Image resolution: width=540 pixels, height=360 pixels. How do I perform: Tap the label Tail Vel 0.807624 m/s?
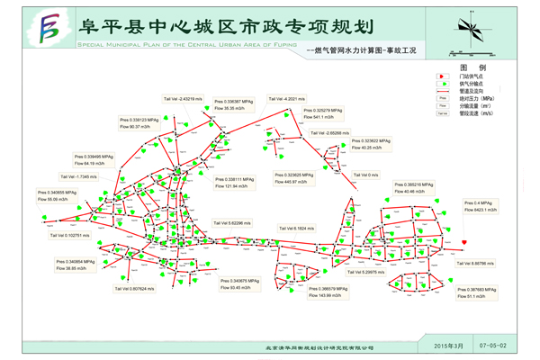[135, 289]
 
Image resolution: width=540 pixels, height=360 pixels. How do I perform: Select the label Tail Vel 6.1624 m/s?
[296, 228]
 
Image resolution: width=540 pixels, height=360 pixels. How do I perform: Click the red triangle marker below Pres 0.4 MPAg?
[463, 242]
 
